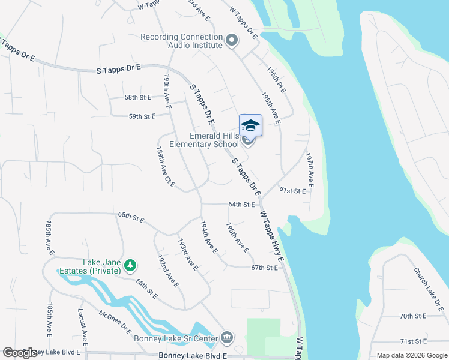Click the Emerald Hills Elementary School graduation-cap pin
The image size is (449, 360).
click(250, 126)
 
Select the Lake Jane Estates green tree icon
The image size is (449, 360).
click(130, 265)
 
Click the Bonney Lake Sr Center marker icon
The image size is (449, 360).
click(226, 338)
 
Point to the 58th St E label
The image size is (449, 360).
click(138, 97)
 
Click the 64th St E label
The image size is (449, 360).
click(243, 205)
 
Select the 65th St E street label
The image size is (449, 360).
click(131, 217)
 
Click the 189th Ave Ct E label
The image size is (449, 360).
click(165, 167)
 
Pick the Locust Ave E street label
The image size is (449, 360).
click(83, 326)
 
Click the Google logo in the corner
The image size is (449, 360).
click(20, 353)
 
